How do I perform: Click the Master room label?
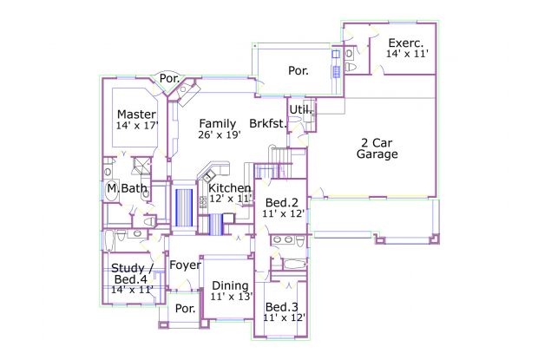[136, 115]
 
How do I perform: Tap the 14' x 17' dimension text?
[136, 127]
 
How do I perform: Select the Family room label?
[217, 123]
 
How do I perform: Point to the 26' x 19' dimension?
[219, 135]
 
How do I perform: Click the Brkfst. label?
[268, 124]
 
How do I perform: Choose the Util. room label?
[300, 109]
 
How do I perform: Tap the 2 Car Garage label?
[377, 148]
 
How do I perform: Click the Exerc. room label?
[406, 43]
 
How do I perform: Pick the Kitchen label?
[230, 188]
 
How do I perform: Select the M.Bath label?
[127, 188]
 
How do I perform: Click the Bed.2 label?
[283, 203]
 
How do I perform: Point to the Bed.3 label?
[283, 307]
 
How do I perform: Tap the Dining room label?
[231, 285]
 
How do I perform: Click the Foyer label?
[185, 265]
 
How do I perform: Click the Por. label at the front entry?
[185, 309]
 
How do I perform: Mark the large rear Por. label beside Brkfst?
[298, 71]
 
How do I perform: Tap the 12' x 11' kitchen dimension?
[230, 200]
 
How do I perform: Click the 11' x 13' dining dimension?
[231, 297]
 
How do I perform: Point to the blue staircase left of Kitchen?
[183, 208]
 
